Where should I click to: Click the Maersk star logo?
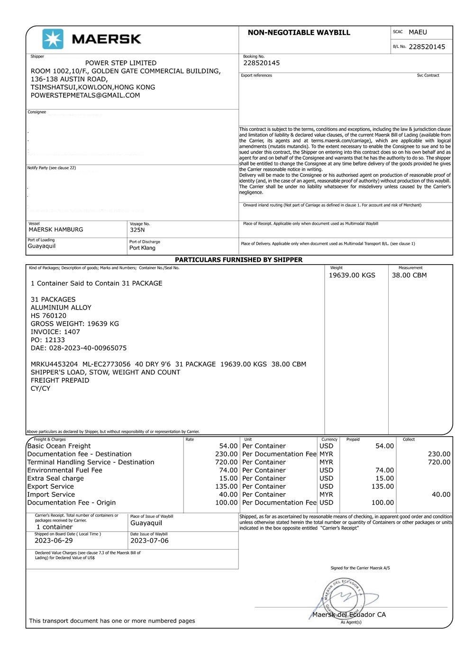click(53, 39)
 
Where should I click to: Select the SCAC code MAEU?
click(418, 32)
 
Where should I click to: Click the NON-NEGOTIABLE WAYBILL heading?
click(299, 33)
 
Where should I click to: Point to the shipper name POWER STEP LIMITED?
click(120, 63)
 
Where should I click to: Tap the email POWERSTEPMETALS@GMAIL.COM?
click(85, 95)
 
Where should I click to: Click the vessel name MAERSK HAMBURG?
click(56, 230)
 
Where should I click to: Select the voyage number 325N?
click(137, 230)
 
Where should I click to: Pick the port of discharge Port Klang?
click(142, 248)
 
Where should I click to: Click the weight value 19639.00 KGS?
click(352, 276)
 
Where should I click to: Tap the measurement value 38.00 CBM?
click(409, 276)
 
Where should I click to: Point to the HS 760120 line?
click(48, 316)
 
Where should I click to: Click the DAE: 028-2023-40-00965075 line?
click(79, 348)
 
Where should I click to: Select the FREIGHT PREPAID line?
click(60, 380)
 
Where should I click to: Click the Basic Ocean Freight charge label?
click(59, 446)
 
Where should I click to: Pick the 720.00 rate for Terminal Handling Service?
click(226, 462)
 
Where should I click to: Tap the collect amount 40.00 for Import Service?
click(441, 495)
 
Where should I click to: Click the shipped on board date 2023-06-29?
click(54, 541)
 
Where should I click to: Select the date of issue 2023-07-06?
click(149, 541)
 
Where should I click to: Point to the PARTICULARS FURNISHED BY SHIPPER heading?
click(238, 260)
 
